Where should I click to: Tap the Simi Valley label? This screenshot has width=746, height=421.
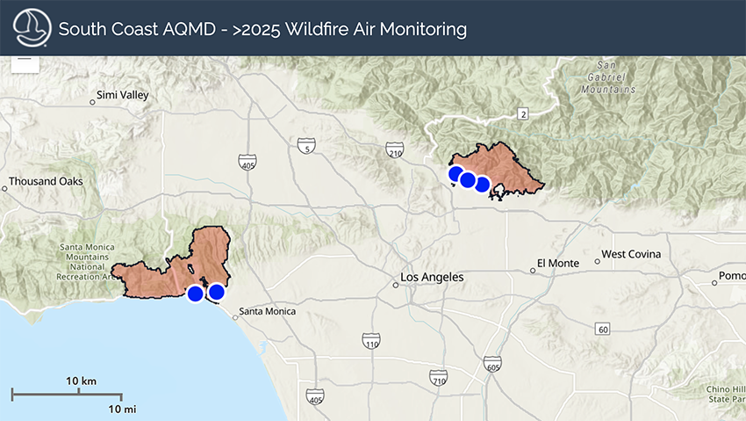(x=122, y=95)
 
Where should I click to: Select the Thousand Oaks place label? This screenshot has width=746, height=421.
(x=46, y=182)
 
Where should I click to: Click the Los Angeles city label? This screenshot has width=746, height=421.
(x=431, y=278)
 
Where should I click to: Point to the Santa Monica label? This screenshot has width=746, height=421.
(x=267, y=311)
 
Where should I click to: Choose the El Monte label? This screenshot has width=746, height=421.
(x=558, y=263)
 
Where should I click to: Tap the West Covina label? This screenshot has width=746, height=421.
(x=631, y=255)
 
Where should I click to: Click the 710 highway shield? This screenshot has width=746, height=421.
(x=439, y=378)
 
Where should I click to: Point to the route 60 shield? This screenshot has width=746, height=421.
(x=601, y=330)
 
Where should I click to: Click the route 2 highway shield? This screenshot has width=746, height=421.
(x=523, y=114)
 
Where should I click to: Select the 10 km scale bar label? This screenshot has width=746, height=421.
(x=82, y=381)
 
